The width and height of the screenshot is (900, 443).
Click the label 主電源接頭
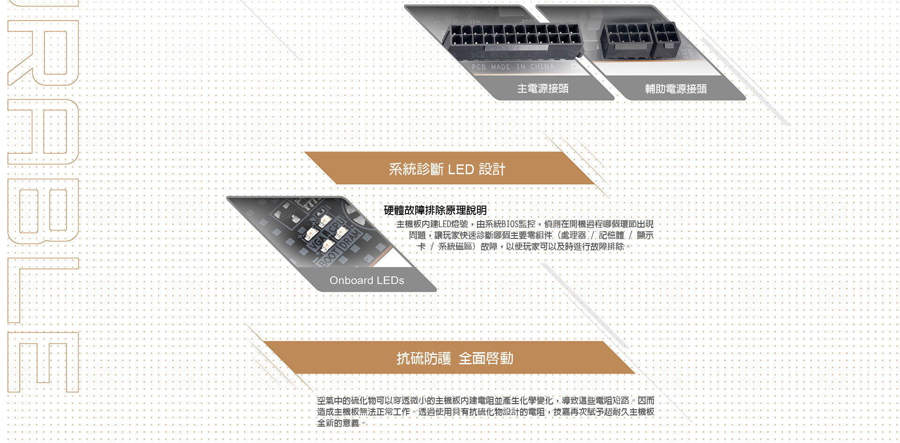542,89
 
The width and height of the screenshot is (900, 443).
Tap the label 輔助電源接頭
675,89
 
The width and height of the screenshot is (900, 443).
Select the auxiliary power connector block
640,40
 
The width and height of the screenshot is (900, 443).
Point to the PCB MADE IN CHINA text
513,67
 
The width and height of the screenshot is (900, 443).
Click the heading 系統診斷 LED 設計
447,169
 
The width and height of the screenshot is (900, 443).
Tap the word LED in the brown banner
461,170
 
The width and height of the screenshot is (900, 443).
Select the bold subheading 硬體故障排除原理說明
435,210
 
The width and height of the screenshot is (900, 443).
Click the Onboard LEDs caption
367,281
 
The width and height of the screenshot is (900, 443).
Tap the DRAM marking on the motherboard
350,238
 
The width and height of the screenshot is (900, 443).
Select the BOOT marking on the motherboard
330,256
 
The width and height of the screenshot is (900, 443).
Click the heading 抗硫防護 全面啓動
455,358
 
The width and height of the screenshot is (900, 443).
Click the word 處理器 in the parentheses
573,236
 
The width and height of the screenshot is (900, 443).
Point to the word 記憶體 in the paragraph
611,236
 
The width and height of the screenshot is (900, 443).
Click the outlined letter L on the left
42,290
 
